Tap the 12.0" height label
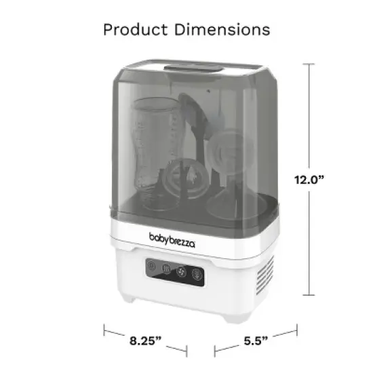click(x=311, y=179)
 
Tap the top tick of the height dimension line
click(x=311, y=64)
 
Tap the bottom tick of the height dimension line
click(x=311, y=294)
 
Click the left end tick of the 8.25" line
click(x=104, y=330)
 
